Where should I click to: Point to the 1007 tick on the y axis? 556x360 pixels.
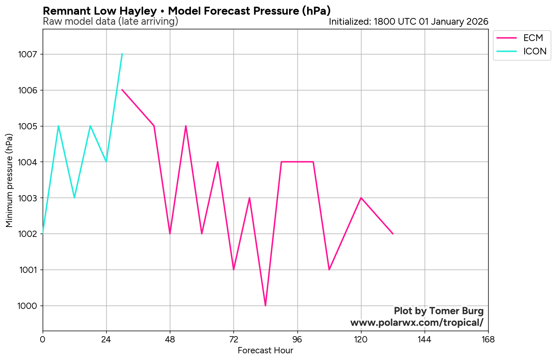click(28, 54)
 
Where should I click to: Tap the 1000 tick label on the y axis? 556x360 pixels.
click(28, 306)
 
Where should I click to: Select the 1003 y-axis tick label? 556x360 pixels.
click(28, 198)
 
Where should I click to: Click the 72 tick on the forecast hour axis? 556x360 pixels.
click(233, 339)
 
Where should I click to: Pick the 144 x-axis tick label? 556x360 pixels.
click(425, 339)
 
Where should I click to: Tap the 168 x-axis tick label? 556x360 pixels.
click(488, 339)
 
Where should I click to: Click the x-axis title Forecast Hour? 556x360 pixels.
click(265, 351)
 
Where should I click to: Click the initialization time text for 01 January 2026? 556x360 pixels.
click(408, 22)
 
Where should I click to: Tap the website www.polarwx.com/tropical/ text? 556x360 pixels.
click(417, 323)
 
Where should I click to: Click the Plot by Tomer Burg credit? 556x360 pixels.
click(438, 311)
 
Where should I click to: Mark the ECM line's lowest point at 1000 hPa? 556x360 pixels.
click(265, 306)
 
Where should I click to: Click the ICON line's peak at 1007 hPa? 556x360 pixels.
click(122, 54)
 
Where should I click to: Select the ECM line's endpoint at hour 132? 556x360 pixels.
click(393, 234)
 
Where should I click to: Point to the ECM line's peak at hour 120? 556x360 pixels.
click(361, 198)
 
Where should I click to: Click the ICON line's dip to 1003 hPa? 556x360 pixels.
click(74, 198)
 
